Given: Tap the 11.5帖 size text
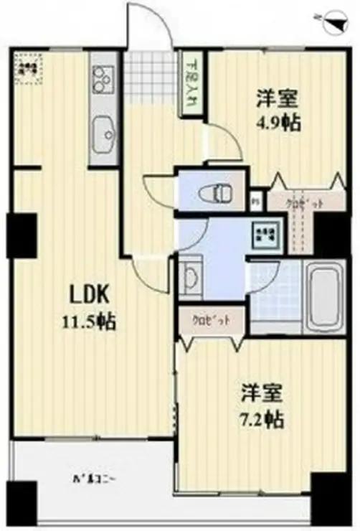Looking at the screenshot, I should (89, 319).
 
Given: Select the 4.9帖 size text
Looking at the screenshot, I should (275, 120).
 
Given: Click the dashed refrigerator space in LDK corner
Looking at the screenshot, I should (30, 69).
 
